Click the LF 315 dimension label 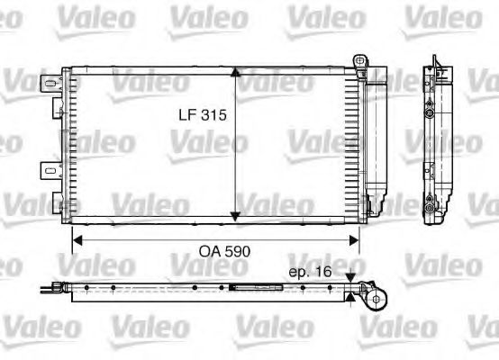(x=198, y=116)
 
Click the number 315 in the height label (x=211, y=116)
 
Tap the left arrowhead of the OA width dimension (x=77, y=238)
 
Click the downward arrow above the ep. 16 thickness (x=350, y=280)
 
